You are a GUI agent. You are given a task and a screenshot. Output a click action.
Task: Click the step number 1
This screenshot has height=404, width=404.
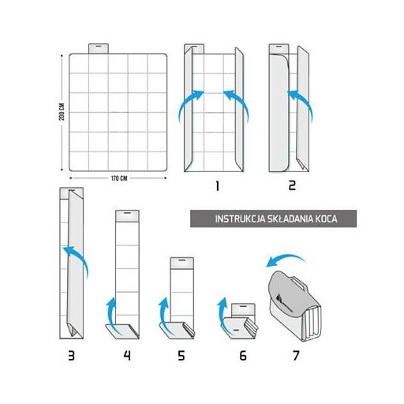click(217, 186)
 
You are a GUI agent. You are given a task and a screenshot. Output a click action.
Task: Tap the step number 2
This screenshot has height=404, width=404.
click(292, 185)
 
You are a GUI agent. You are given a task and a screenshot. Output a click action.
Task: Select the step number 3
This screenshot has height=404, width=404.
click(71, 356)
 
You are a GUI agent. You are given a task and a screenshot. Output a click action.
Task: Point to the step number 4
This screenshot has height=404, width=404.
click(127, 356)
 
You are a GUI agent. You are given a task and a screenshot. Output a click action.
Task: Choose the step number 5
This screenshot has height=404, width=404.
click(181, 356)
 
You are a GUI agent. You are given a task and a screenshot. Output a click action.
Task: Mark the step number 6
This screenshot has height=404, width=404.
click(243, 356)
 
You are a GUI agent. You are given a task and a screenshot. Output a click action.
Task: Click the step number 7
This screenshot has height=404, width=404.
click(296, 356)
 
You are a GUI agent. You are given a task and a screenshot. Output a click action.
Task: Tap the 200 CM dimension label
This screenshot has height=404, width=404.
click(62, 112)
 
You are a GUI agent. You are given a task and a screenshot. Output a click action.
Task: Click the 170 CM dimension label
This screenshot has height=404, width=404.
click(119, 178)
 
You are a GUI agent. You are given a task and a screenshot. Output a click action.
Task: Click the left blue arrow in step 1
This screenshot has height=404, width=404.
click(190, 105)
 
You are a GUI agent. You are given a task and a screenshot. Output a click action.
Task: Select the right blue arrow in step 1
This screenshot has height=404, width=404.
click(237, 105)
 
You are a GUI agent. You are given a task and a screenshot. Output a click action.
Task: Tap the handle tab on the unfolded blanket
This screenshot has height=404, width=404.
click(99, 49)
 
